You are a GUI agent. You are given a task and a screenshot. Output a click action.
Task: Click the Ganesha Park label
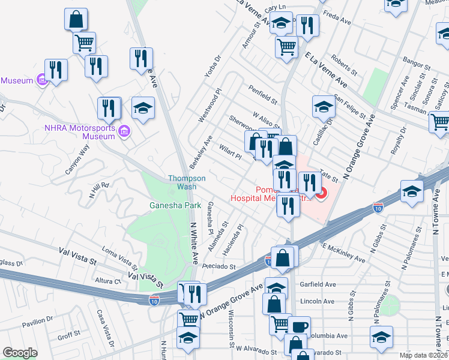pyautogui.click(x=175, y=205)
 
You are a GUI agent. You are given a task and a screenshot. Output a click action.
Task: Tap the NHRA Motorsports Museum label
pyautogui.click(x=79, y=131)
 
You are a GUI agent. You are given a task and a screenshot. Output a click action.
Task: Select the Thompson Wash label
pyautogui.click(x=187, y=182)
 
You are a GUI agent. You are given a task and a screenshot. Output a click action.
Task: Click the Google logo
pyautogui.click(x=20, y=352)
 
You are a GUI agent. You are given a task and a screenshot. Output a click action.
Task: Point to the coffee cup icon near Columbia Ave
pyautogui.click(x=299, y=328)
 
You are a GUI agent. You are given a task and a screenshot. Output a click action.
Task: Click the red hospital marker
pyautogui.click(x=321, y=193)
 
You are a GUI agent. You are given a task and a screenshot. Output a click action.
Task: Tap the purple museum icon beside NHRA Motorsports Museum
pyautogui.click(x=124, y=131)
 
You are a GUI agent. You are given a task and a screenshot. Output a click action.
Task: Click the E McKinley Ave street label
pyautogui.click(x=344, y=253)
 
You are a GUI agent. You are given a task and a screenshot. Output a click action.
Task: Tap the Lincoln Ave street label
pyautogui.click(x=319, y=301)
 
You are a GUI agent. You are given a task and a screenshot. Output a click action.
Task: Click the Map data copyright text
pyautogui.click(x=424, y=355)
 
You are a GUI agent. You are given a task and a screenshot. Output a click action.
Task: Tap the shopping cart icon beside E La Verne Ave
pyautogui.click(x=287, y=46)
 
